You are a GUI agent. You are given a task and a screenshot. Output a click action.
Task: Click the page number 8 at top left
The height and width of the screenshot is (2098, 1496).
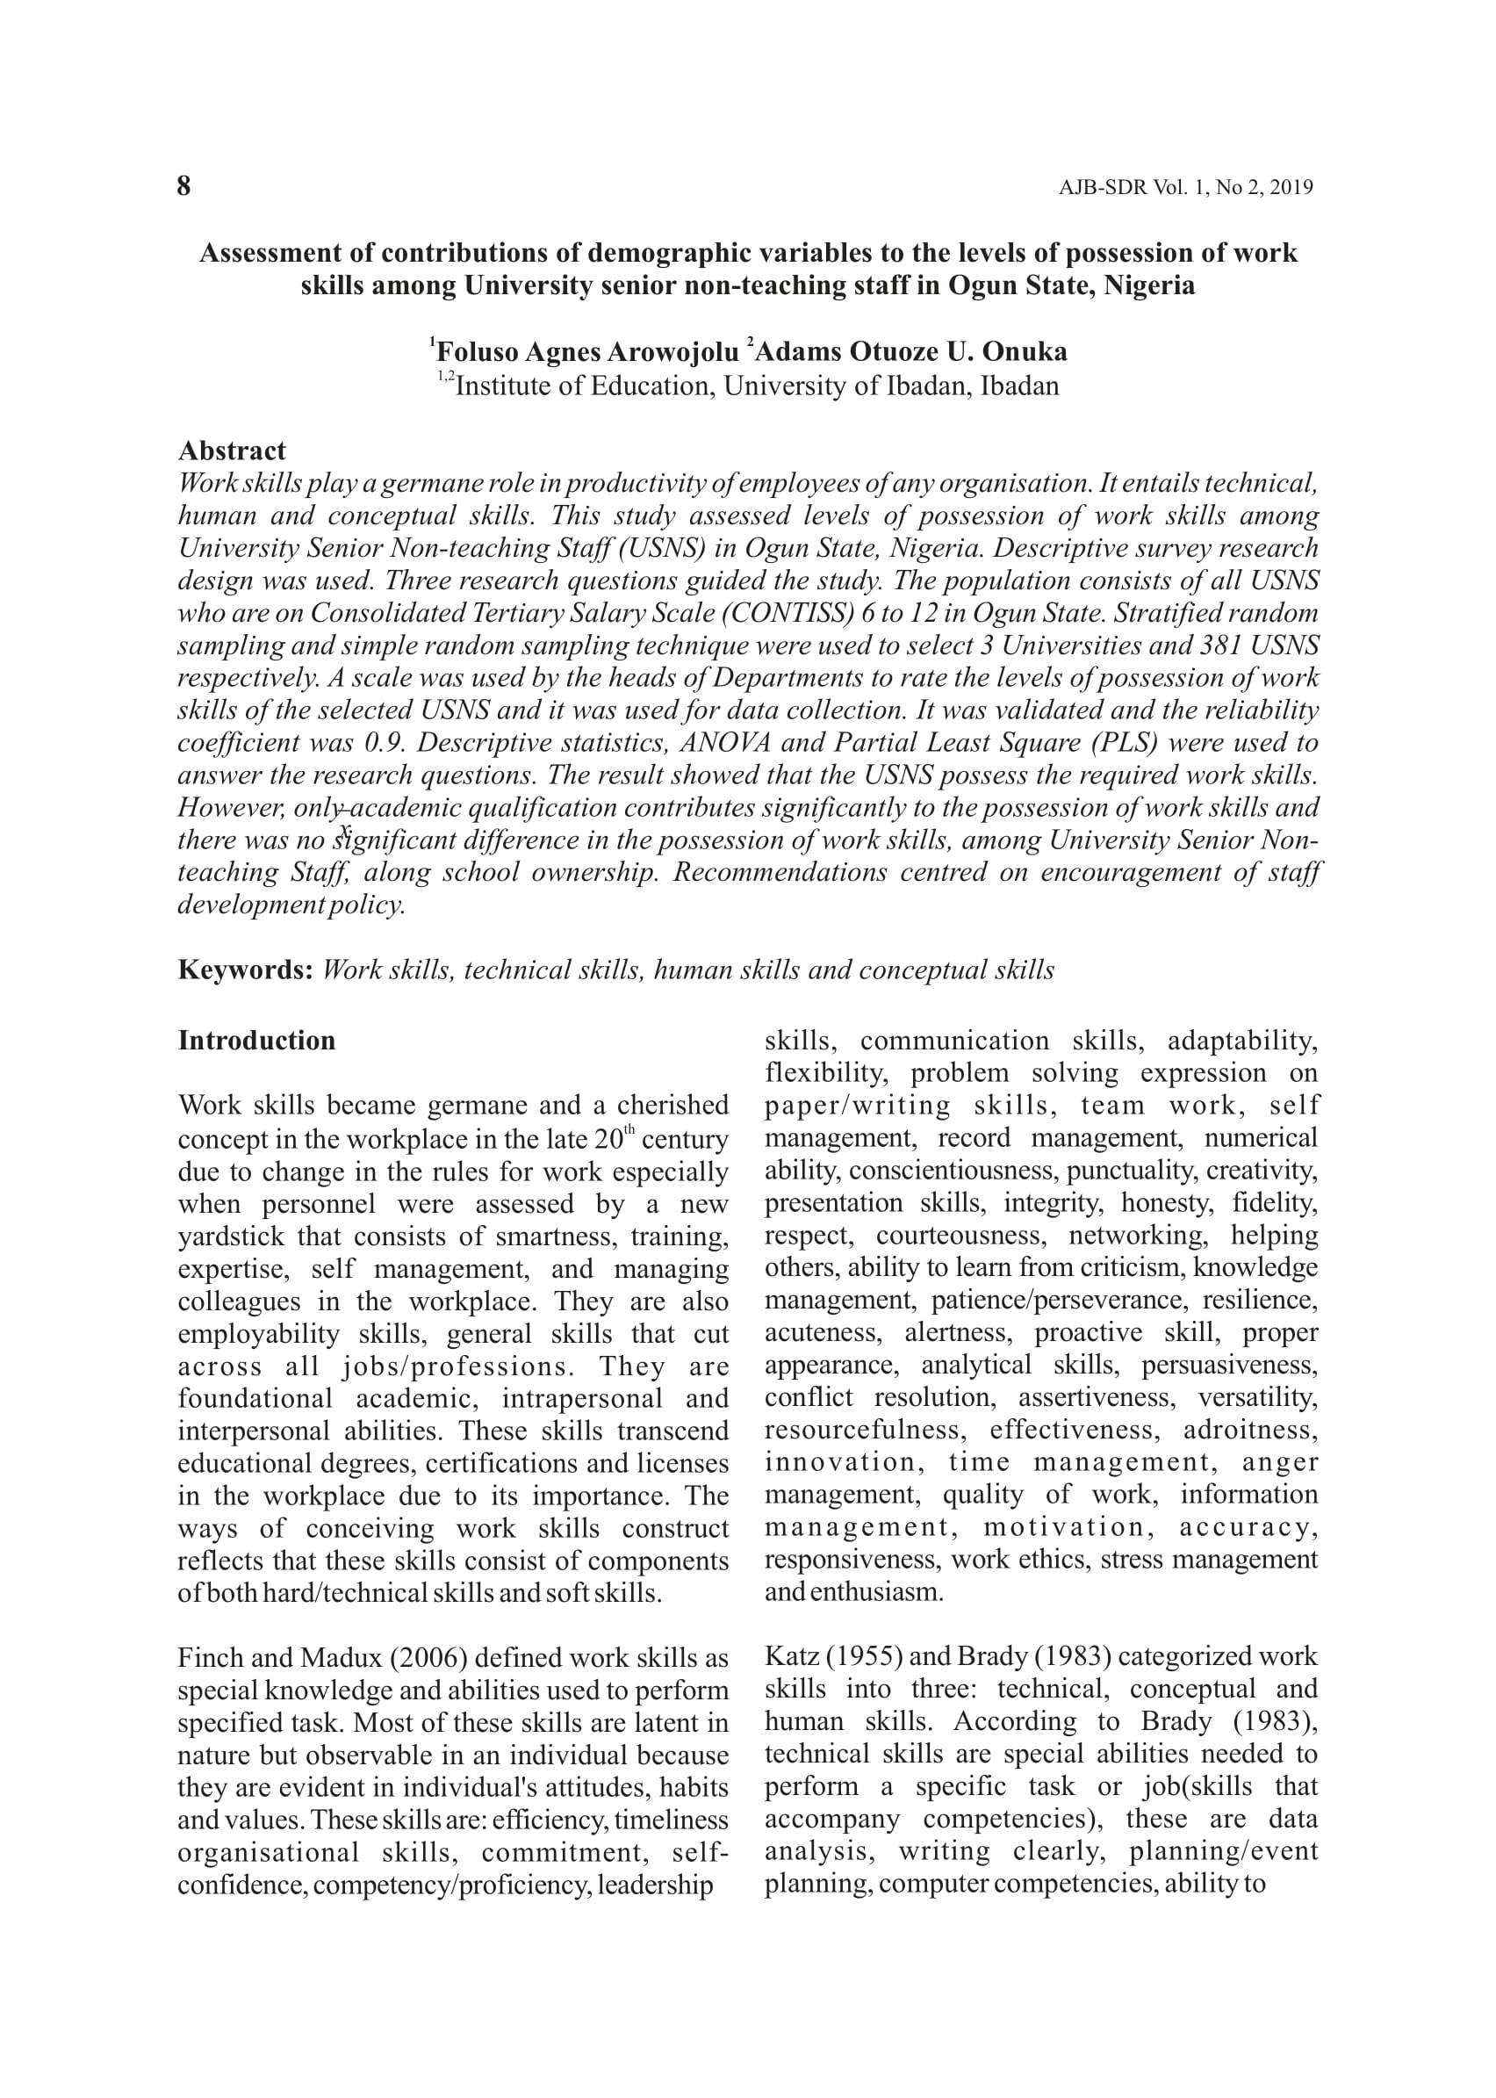pos(184,186)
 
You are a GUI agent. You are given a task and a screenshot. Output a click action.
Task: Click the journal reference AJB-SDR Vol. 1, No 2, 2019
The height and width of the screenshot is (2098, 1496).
pos(1184,188)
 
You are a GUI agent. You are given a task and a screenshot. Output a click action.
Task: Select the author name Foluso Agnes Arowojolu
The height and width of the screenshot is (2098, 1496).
pos(586,352)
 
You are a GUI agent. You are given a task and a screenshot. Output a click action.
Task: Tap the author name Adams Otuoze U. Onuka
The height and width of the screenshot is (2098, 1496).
pos(911,352)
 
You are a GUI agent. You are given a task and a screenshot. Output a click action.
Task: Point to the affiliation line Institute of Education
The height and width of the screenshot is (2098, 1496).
pos(756,386)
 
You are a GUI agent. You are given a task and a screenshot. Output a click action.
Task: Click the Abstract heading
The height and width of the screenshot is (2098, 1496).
pos(232,451)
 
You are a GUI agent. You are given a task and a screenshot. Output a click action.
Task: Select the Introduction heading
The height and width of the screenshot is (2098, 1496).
pos(257,1041)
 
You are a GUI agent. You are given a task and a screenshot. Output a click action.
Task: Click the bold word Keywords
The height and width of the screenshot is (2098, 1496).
pos(246,970)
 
